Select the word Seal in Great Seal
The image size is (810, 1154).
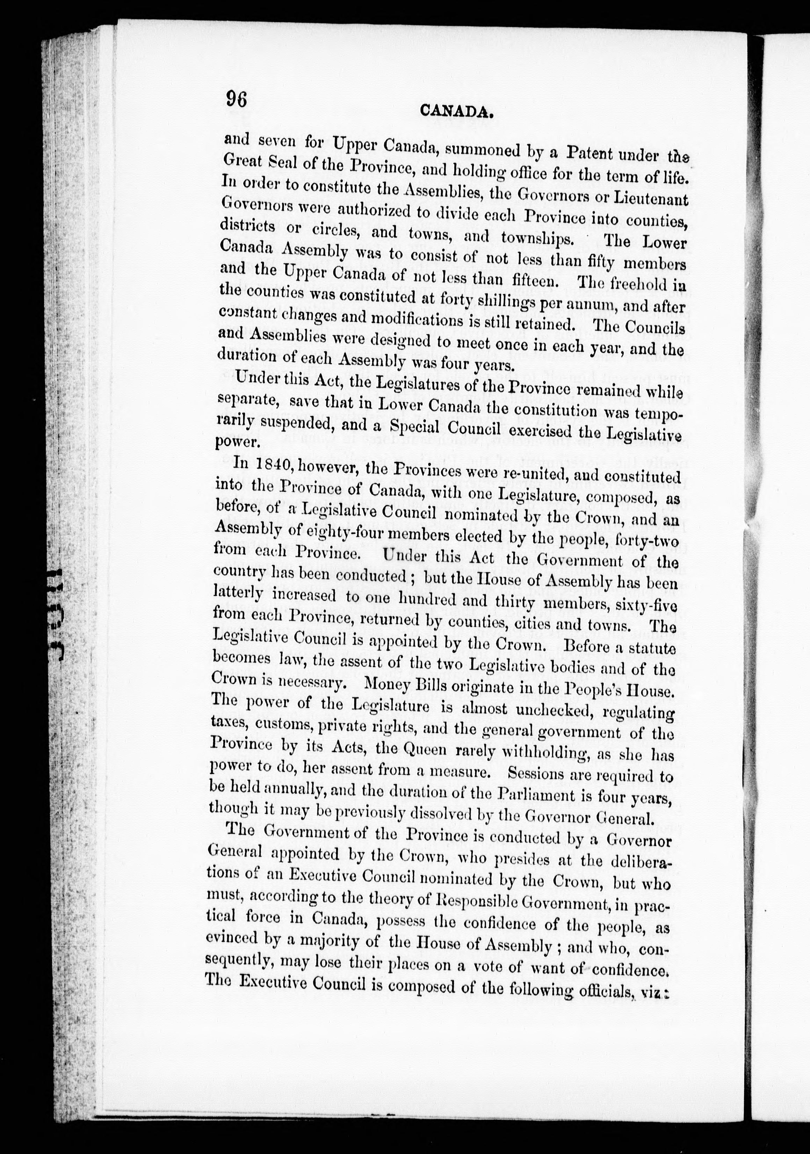tap(292, 164)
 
